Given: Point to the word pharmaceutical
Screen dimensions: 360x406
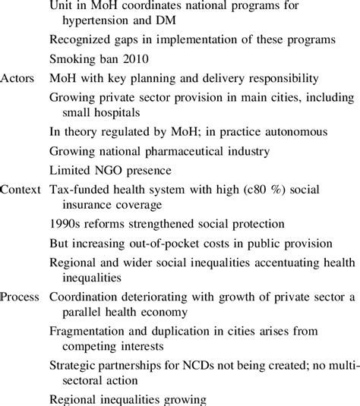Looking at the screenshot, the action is [190, 149].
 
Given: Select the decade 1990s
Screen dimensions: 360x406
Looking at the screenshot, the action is [67, 224].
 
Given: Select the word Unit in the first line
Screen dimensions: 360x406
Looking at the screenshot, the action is [61, 5].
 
